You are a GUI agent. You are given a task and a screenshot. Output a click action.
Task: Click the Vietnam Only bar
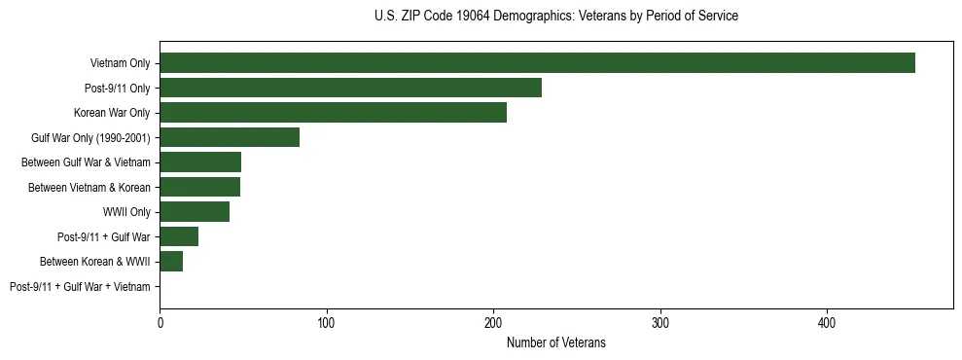tap(537, 63)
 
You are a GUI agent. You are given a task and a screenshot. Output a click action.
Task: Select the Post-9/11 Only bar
tap(350, 88)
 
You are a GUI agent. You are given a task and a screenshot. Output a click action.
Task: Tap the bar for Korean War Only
tap(333, 113)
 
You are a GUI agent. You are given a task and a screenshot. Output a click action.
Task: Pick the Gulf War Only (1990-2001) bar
tap(230, 137)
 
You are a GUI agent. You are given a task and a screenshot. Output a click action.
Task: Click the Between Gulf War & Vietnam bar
tap(200, 162)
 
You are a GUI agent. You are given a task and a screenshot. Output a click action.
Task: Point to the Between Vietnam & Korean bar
tap(199, 187)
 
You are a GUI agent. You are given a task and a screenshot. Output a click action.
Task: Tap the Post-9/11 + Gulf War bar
tap(179, 236)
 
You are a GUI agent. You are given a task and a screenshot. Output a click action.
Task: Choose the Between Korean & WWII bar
tap(171, 262)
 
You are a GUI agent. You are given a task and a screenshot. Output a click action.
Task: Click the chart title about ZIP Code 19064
tap(555, 17)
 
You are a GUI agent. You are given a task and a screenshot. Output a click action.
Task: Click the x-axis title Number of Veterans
tap(555, 342)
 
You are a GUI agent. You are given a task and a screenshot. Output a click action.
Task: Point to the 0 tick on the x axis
tap(160, 322)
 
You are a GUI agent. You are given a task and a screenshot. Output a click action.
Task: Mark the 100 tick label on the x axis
tap(327, 322)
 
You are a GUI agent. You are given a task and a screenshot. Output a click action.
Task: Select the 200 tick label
tap(493, 322)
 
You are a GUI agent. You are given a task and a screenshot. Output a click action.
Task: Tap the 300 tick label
tap(660, 322)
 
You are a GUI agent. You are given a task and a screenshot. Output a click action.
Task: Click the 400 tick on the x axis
tap(827, 322)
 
